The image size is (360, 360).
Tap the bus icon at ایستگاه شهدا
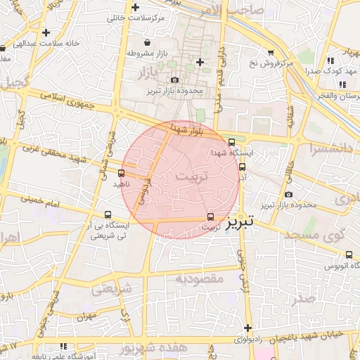(232, 142)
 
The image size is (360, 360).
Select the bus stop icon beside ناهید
(122, 173)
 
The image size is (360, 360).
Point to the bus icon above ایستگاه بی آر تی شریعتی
(108, 215)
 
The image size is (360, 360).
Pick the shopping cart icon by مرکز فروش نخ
(271, 52)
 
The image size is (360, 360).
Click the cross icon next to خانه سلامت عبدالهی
(46, 32)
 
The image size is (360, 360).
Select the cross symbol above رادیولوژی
(247, 328)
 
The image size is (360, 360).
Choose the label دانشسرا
(330, 149)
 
